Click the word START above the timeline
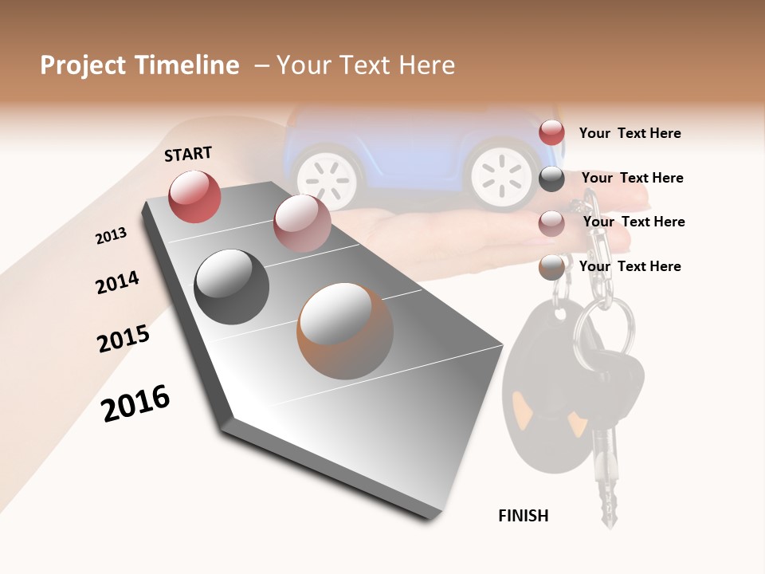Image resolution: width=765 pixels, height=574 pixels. point(188,154)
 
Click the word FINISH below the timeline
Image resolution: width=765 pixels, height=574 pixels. point(523,516)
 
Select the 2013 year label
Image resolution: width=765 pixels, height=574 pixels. point(111,236)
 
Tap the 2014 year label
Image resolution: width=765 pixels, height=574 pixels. point(117,283)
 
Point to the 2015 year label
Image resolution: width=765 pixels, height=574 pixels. point(124,339)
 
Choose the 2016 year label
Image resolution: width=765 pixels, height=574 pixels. point(135,403)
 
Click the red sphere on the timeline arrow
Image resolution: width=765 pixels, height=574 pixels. point(194,196)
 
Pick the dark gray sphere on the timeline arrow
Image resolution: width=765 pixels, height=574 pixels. point(232,287)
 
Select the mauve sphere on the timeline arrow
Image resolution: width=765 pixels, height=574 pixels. point(302,223)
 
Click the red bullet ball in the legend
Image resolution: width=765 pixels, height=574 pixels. point(551,132)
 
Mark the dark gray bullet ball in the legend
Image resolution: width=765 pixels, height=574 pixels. point(551,179)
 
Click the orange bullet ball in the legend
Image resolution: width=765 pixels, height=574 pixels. point(551,267)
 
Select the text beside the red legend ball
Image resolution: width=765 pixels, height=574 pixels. point(630,133)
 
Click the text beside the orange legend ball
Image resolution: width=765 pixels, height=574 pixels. point(630,266)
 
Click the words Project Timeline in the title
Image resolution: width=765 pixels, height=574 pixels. point(139,65)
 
